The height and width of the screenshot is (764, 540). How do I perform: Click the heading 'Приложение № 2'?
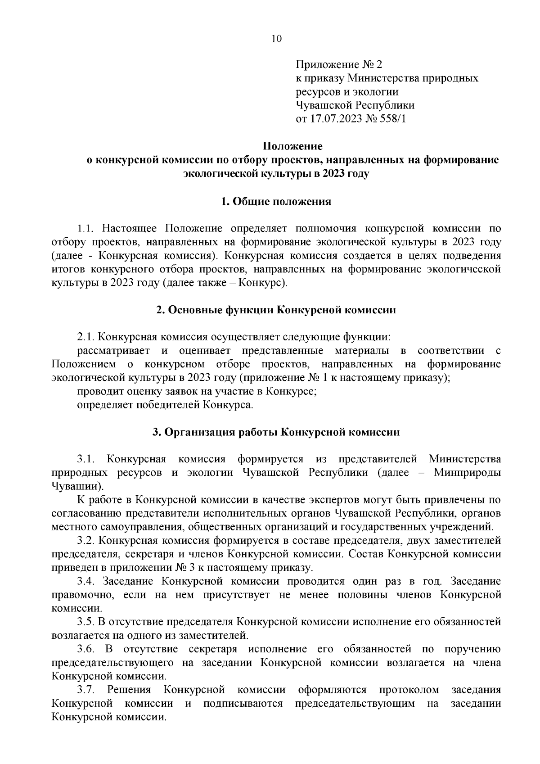[338, 64]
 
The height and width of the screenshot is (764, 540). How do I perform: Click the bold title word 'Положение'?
[292, 146]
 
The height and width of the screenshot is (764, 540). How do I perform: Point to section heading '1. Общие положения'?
[276, 201]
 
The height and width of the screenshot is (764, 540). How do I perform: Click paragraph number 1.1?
[85, 229]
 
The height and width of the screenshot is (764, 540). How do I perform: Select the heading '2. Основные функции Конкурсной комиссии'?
[276, 310]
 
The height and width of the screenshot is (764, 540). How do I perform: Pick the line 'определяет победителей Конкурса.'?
[165, 405]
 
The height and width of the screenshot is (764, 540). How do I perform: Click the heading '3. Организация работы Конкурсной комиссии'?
[276, 432]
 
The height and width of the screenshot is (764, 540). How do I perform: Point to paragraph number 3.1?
[85, 459]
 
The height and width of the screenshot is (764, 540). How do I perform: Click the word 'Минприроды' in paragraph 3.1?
[468, 473]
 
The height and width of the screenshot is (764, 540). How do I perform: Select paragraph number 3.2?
[85, 540]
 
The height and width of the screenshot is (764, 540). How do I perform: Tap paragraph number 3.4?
[85, 581]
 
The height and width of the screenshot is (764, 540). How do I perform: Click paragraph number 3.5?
[85, 622]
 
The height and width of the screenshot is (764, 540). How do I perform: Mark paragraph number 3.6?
[85, 649]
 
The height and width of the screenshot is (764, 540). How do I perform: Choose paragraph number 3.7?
[85, 690]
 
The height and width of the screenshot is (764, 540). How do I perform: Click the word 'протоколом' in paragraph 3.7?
[408, 690]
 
